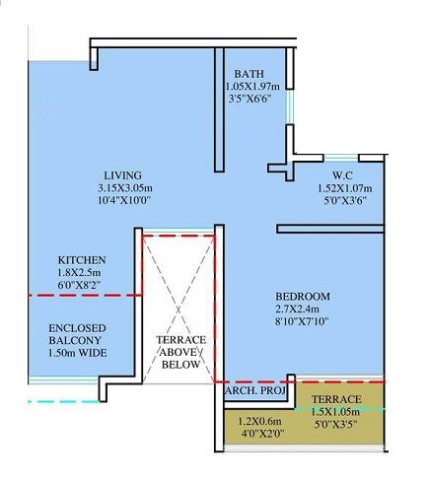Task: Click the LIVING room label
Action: (122, 175)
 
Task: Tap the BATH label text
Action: (249, 75)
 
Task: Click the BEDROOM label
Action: (302, 297)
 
